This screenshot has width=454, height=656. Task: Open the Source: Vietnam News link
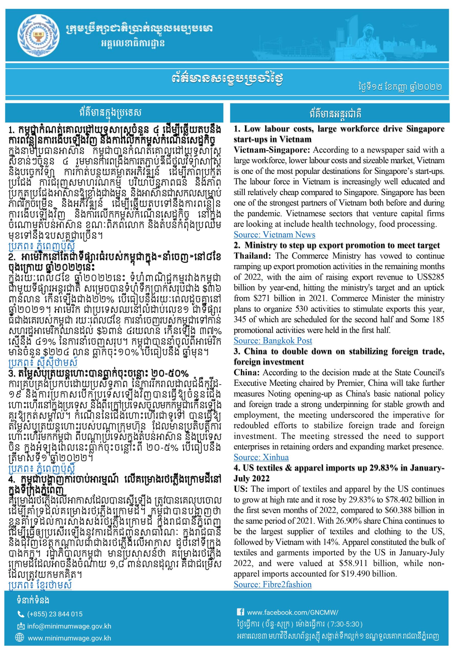[274, 235]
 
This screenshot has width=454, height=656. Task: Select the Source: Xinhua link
[261, 457]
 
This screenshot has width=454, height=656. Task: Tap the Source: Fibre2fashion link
[273, 585]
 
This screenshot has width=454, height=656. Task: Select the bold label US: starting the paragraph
[241, 489]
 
